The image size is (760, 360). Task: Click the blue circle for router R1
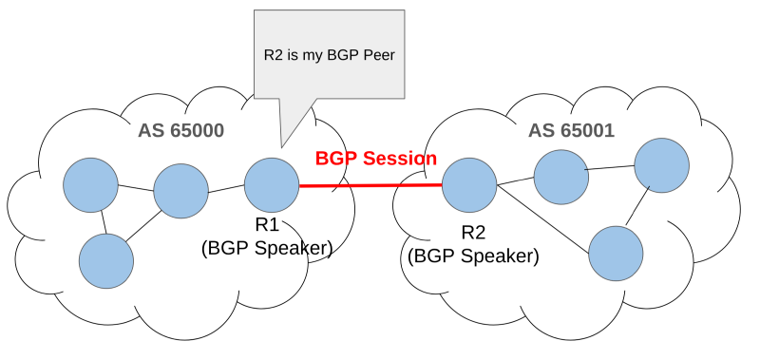[272, 185]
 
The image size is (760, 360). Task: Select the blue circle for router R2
[469, 185]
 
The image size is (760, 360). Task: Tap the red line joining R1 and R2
[370, 186]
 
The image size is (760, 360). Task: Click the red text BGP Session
[376, 159]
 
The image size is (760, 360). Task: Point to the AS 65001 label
[572, 130]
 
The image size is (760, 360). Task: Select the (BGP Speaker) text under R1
[266, 248]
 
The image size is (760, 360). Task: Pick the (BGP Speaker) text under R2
[473, 256]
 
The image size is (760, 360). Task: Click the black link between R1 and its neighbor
[226, 189]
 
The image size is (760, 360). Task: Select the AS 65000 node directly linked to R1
[180, 190]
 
